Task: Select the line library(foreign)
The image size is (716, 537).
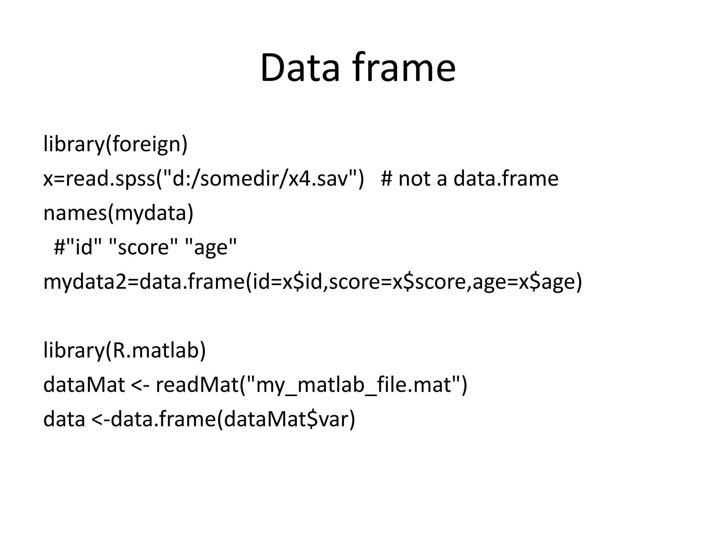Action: pos(115,144)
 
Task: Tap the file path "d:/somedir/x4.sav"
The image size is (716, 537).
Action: pos(260,178)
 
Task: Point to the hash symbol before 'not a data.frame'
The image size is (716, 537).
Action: pos(387,178)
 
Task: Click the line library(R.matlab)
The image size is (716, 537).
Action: pos(124,350)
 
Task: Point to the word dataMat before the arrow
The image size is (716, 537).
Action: pos(84,385)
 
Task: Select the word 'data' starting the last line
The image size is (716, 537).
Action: pos(64,419)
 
